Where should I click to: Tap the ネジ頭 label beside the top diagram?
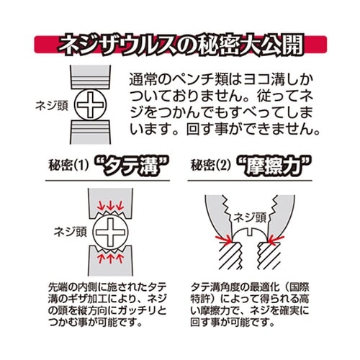[52, 106]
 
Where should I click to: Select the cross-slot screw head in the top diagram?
[90, 104]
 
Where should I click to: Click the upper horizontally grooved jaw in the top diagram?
[90, 78]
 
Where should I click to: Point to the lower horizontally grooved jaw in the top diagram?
[90, 132]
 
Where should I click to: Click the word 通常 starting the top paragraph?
[143, 80]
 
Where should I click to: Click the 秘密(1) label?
[68, 165]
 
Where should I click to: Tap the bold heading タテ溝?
[130, 166]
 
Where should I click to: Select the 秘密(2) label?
[211, 165]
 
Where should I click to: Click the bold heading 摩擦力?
[274, 166]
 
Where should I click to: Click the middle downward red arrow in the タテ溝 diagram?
[110, 204]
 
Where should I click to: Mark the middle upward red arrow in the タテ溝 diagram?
[110, 258]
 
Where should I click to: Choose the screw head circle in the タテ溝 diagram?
[110, 232]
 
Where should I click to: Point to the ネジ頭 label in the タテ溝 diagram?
[70, 232]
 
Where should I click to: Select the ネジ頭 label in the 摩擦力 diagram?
[250, 218]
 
